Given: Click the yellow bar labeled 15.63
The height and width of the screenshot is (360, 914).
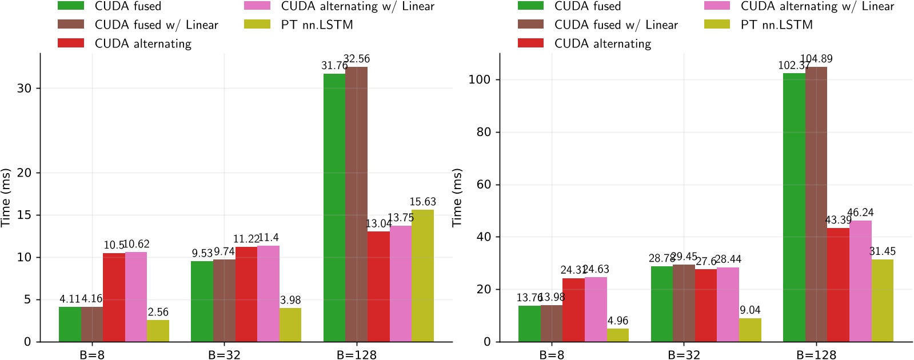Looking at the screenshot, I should point(422,275).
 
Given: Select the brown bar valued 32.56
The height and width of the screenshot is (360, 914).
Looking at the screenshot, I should point(356,204).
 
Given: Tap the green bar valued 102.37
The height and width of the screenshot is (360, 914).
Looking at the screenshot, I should point(794,207).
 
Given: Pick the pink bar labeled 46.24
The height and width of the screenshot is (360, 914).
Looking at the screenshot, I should point(860,281).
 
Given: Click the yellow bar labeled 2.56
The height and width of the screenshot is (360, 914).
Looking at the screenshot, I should point(158,331).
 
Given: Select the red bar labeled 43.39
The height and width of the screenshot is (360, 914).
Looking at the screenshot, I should point(838,285).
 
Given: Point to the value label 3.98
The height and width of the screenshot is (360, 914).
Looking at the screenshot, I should point(290,300).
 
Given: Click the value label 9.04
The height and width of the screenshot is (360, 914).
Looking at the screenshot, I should point(750,310).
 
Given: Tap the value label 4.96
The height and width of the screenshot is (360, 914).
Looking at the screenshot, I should point(618,321).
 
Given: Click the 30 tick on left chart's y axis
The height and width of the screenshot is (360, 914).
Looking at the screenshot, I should point(25,88).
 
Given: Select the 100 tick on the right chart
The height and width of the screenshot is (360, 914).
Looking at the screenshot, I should point(480,79).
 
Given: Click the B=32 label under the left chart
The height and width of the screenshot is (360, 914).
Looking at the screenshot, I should point(224,355).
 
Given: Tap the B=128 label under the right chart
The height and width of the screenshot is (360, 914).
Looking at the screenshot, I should point(816,355).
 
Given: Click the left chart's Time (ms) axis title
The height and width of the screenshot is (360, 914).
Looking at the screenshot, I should point(6,198).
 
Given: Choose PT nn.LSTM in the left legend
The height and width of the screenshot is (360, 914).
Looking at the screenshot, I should point(317,25).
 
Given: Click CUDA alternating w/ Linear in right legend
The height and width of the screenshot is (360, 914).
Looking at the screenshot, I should point(817,6).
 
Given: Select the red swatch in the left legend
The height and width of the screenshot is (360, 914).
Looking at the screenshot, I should point(71,43).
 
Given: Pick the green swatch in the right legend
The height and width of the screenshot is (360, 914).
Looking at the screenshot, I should point(530,6).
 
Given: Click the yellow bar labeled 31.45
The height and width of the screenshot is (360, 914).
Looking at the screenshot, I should point(882,301).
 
